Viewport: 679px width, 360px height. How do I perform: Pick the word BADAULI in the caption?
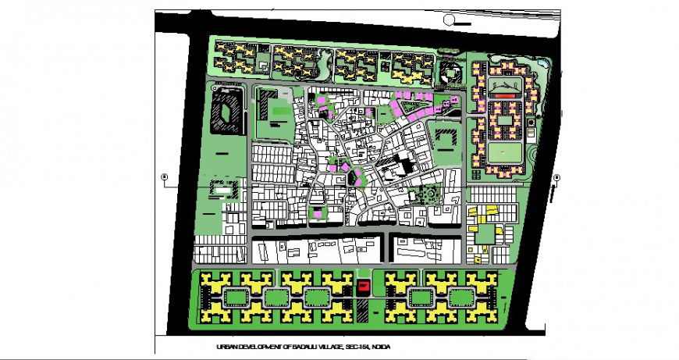tap(302, 348)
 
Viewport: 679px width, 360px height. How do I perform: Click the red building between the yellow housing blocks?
tap(363, 287)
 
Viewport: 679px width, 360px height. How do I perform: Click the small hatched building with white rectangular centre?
tap(221, 187)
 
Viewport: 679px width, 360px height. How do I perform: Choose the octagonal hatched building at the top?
tap(452, 75)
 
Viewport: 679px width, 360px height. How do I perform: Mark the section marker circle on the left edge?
tap(164, 177)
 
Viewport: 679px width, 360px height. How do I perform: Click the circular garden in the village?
tap(428, 193)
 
